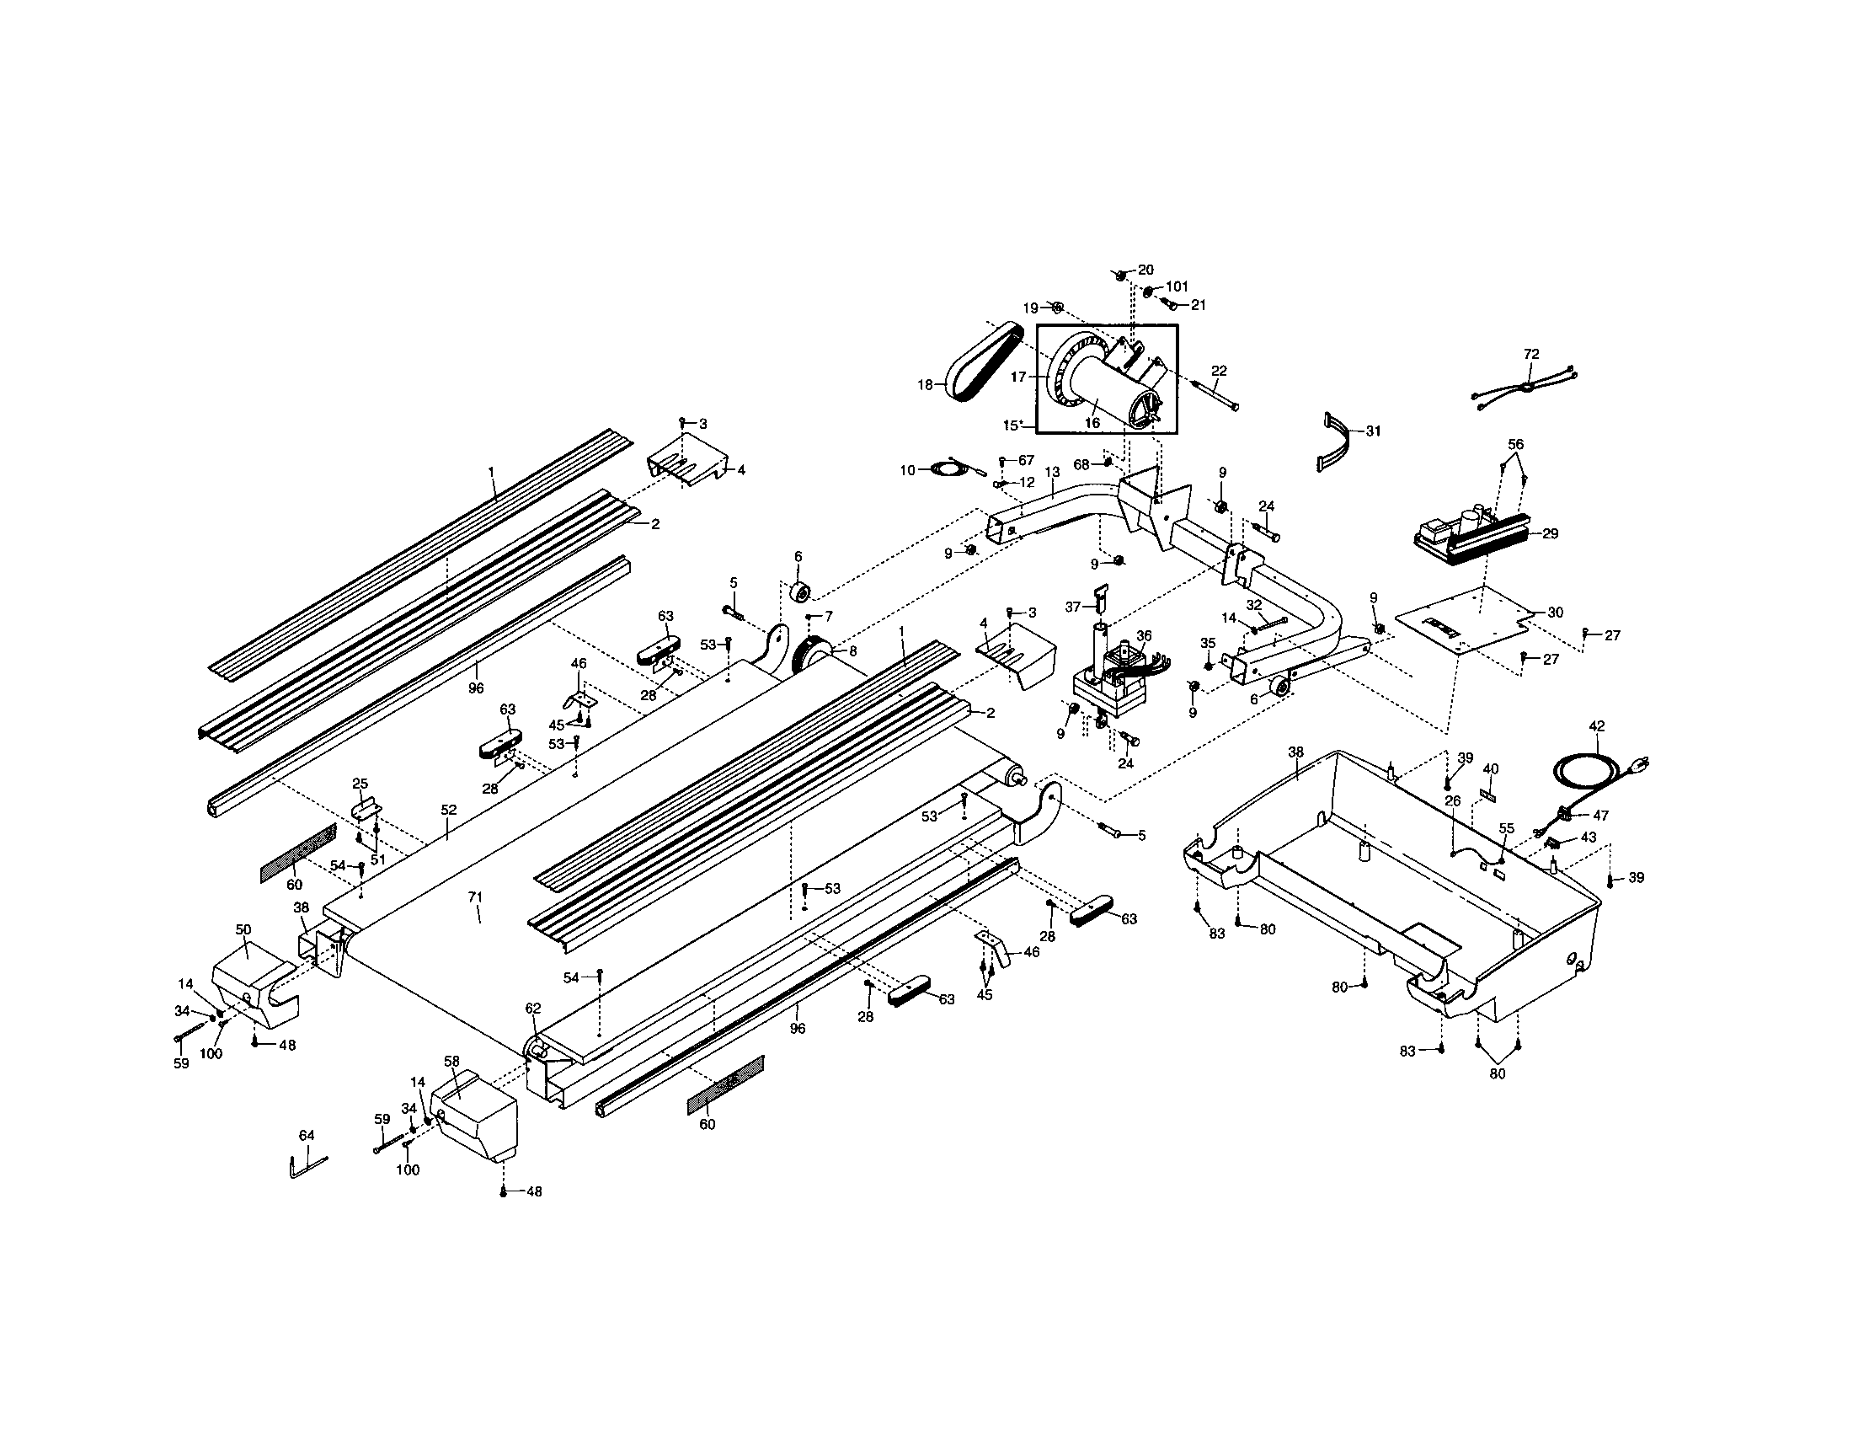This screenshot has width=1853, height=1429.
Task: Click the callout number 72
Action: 1531,354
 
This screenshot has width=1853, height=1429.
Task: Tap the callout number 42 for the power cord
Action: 1597,725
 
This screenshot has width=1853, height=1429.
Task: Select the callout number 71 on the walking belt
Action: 475,896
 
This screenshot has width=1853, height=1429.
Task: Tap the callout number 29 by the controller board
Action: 1550,533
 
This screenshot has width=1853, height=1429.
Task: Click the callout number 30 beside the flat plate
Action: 1555,612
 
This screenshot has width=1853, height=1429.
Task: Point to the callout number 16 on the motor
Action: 1092,422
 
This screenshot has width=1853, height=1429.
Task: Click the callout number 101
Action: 1177,286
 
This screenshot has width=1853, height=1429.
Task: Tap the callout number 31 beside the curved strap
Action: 1373,431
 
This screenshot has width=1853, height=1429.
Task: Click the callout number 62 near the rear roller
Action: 532,1008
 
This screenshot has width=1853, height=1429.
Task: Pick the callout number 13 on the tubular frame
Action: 1052,472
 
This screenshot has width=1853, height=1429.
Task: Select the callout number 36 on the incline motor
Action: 1144,634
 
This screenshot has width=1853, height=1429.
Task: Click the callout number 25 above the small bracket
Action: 360,783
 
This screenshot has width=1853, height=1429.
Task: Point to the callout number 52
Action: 448,810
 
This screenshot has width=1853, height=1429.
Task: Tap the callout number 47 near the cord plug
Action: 1600,815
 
